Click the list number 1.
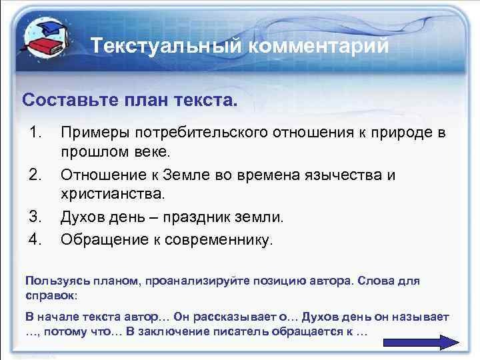(37, 132)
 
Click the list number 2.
(37, 175)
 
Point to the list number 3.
(37, 217)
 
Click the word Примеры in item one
(90, 132)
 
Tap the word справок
(50, 293)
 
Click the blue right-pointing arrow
(420, 341)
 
